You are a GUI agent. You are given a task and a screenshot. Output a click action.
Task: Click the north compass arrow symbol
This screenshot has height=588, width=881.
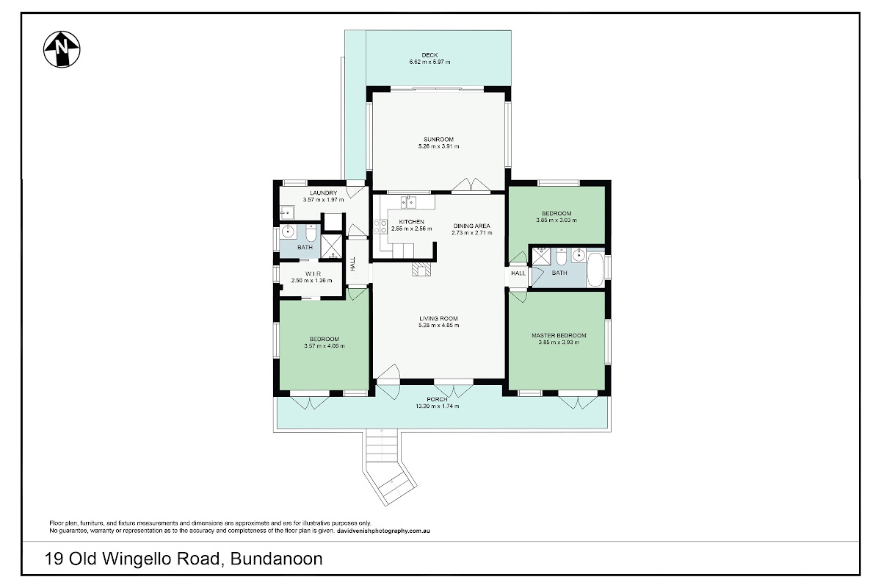[62, 49]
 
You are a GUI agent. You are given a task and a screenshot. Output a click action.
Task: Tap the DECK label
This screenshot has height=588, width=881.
[429, 55]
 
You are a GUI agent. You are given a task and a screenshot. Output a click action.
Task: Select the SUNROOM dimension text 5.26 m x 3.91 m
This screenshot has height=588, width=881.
[438, 146]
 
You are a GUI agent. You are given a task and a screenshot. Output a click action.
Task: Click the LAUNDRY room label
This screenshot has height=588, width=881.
[323, 193]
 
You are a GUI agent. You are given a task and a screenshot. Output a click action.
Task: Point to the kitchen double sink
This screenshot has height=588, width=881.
[409, 201]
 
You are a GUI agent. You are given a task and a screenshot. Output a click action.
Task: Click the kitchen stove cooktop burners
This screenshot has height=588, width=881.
[380, 226]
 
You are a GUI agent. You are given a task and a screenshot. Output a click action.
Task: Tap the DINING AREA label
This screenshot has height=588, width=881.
[471, 226]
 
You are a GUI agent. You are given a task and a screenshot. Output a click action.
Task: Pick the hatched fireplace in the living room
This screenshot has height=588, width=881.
[421, 269]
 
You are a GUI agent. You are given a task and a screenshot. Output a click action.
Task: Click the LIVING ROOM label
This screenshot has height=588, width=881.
[438, 318]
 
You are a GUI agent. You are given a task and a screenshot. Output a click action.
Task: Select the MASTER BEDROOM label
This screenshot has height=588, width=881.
[559, 336]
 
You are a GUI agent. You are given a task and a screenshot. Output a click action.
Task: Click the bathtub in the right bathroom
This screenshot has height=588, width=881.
[595, 270]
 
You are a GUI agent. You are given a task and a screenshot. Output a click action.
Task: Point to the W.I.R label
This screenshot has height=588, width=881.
[313, 273]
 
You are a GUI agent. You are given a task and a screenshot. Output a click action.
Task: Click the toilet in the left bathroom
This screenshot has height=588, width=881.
[311, 234]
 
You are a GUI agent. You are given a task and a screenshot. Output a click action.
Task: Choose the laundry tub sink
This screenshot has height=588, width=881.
[287, 212]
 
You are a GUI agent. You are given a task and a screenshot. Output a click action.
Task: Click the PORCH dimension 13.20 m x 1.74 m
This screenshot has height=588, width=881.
[438, 406]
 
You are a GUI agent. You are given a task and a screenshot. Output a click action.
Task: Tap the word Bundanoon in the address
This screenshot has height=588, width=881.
[277, 559]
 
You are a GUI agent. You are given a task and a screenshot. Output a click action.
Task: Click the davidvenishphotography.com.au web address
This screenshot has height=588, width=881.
[383, 531]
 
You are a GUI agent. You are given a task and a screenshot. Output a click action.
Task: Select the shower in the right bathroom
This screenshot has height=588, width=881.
[542, 256]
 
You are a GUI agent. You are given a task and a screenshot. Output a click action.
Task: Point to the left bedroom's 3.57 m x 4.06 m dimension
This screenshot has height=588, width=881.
[325, 346]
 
